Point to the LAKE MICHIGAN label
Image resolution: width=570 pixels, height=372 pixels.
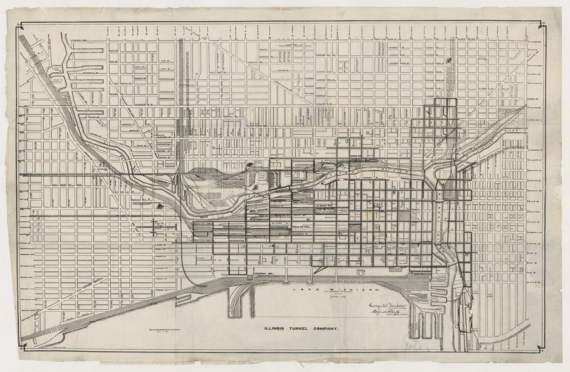(317, 288)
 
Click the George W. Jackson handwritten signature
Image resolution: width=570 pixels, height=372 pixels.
(384, 303)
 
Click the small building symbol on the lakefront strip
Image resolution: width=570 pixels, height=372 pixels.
(361, 273)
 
